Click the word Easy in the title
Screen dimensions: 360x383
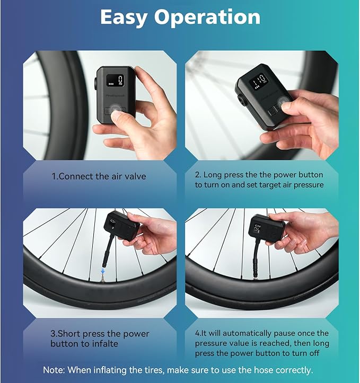pos(124,17)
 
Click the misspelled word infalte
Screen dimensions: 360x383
pos(105,344)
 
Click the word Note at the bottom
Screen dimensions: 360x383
pos(54,370)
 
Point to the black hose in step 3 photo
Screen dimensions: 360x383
pos(109,251)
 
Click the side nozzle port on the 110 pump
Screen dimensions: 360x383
pos(242,101)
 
